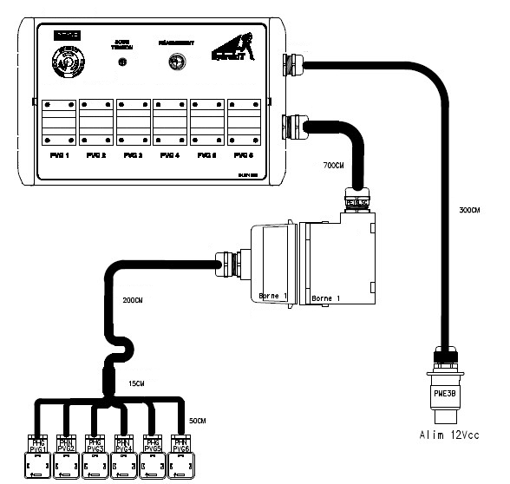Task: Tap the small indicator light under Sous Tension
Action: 122,62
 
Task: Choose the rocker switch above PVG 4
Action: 170,122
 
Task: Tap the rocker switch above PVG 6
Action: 245,122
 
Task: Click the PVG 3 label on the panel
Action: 133,155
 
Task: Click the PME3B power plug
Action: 443,380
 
